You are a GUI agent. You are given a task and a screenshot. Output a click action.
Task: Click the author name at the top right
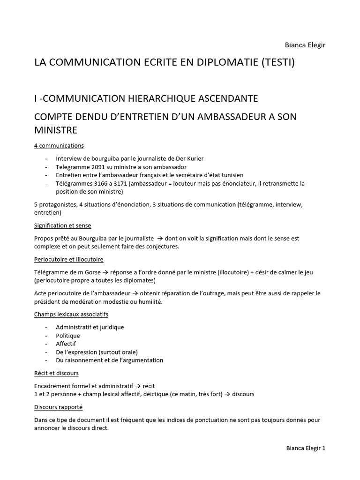[305, 45]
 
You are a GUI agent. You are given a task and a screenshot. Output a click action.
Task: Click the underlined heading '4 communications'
[59, 146]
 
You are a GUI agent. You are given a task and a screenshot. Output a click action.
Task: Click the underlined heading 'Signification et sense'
[62, 225]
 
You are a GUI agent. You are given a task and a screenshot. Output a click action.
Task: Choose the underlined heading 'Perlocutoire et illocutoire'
[69, 259]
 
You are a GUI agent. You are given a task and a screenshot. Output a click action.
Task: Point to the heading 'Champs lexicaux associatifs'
[71, 314]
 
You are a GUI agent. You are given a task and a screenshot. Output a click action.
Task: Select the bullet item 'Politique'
[68, 336]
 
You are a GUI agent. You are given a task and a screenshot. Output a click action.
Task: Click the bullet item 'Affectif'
[66, 344]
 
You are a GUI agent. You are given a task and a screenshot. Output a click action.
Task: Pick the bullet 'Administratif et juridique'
[90, 327]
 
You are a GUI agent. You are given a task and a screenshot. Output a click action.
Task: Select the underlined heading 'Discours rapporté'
[59, 407]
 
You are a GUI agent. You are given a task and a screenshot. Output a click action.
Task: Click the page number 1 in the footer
[323, 448]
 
